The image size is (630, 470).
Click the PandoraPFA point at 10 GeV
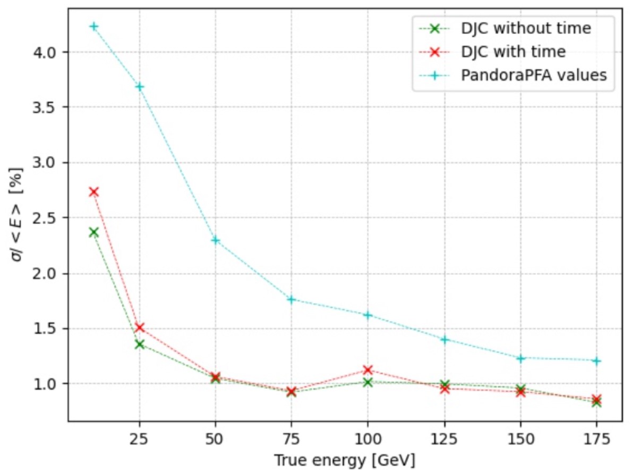click(94, 26)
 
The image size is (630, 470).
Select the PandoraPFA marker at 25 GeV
click(140, 86)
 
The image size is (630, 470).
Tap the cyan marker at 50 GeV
click(216, 240)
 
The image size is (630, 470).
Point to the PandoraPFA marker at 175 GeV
click(597, 361)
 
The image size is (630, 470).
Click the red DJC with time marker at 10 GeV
click(94, 191)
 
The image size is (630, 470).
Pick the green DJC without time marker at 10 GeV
click(94, 232)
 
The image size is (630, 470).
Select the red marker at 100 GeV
click(368, 370)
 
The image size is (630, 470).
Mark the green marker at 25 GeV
click(140, 344)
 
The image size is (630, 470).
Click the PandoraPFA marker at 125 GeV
click(445, 339)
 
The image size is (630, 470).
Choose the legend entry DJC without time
click(526, 28)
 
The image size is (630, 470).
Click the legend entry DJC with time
click(513, 52)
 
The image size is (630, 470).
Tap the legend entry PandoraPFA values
click(534, 75)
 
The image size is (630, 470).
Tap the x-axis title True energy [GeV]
click(344, 458)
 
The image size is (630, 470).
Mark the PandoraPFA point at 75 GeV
click(291, 299)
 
